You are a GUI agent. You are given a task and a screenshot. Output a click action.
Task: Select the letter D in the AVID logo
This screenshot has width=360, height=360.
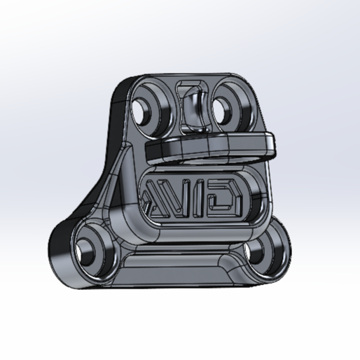pos(228,197)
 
